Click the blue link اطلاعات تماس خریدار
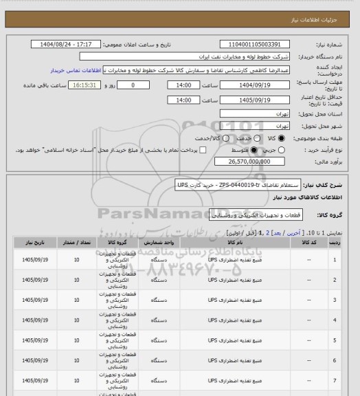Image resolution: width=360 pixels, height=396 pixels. coord(76,70)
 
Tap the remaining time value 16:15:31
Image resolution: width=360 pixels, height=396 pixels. coord(87,85)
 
